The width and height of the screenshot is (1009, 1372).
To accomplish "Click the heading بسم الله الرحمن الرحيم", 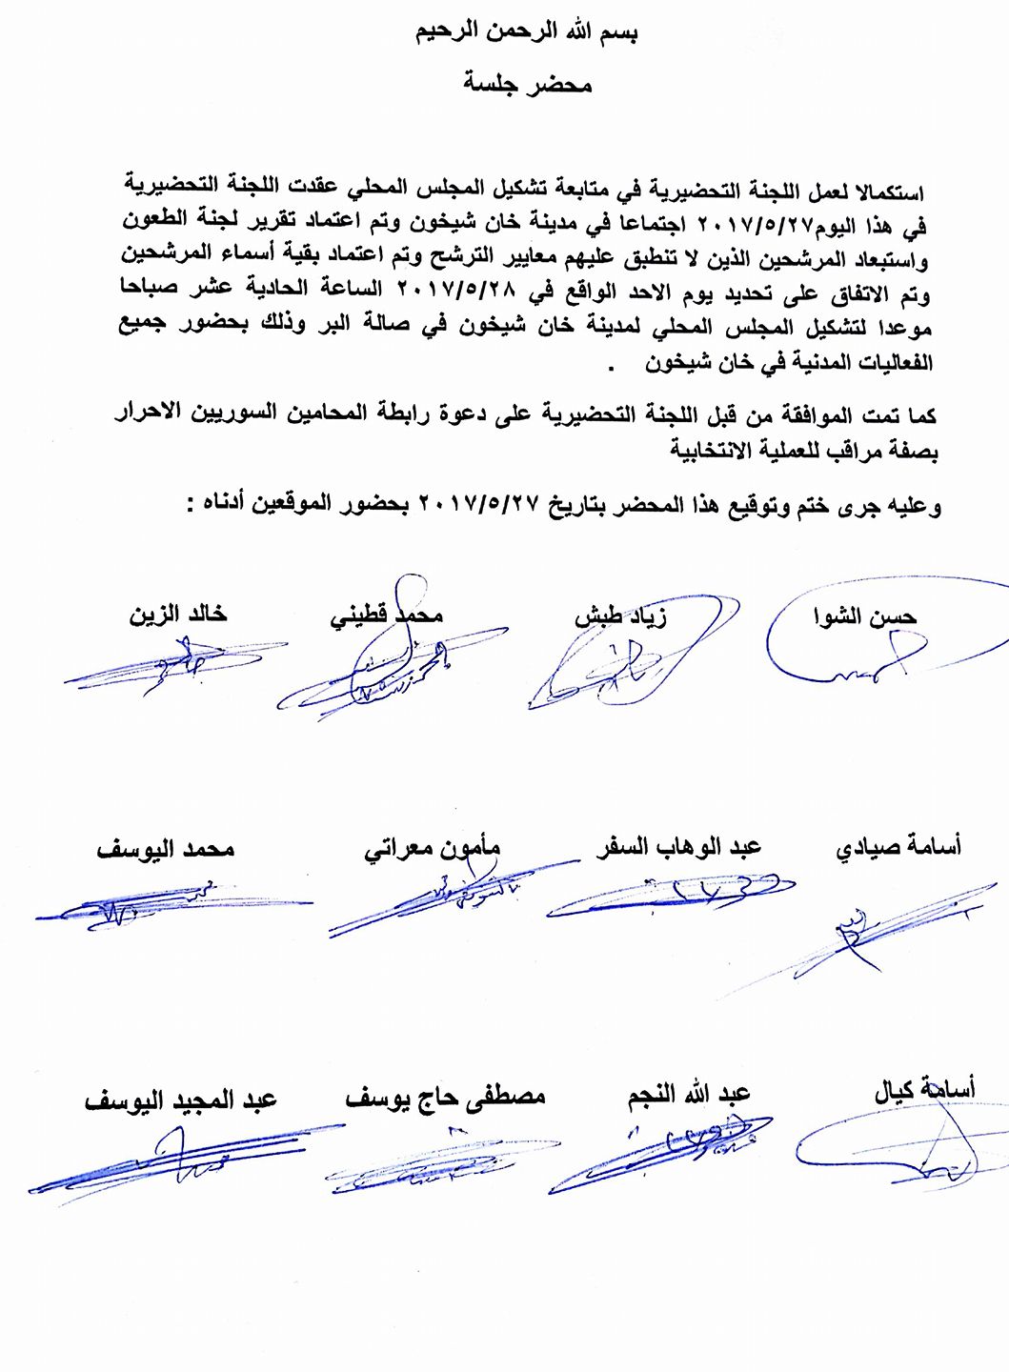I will [x=527, y=31].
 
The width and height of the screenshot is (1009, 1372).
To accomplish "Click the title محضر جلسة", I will [x=527, y=84].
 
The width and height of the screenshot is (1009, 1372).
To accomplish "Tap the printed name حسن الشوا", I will [x=864, y=616].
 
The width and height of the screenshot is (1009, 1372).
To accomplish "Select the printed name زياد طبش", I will [x=620, y=615].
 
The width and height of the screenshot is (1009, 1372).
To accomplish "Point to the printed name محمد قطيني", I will [x=386, y=615].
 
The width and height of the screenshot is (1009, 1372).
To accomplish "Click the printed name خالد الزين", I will [x=178, y=615].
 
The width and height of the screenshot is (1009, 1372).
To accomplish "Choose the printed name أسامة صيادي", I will [x=898, y=846].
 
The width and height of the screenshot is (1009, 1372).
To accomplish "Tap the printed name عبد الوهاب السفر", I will [x=678, y=846].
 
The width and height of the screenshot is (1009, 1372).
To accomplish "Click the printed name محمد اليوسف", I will [x=165, y=848].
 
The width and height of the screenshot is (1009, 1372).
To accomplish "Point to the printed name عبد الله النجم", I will [x=689, y=1094].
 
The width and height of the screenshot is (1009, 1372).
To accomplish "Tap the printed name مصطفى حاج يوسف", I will [x=445, y=1097].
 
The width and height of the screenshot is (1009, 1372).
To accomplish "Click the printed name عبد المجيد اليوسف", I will [x=180, y=1099].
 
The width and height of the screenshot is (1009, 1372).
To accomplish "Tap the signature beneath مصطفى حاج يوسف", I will [x=438, y=1167].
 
